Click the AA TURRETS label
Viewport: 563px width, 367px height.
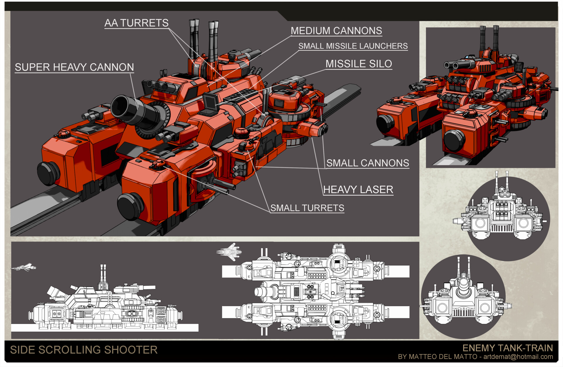136,23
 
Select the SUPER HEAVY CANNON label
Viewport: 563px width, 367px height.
74,67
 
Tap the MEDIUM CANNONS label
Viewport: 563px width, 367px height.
336,31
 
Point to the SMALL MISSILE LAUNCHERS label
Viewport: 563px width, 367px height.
353,46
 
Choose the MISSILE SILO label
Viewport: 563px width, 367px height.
358,64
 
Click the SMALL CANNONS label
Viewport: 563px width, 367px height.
367,163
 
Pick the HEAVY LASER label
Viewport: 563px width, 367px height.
358,190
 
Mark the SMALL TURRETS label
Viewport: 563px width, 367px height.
307,208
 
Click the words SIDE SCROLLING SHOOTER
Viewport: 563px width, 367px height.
84,350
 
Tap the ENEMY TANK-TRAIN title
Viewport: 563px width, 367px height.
507,348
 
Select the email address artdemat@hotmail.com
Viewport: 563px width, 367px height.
518,357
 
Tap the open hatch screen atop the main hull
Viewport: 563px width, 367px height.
210,102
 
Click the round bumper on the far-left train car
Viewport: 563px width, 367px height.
48,173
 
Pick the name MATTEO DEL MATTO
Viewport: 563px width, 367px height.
443,357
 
